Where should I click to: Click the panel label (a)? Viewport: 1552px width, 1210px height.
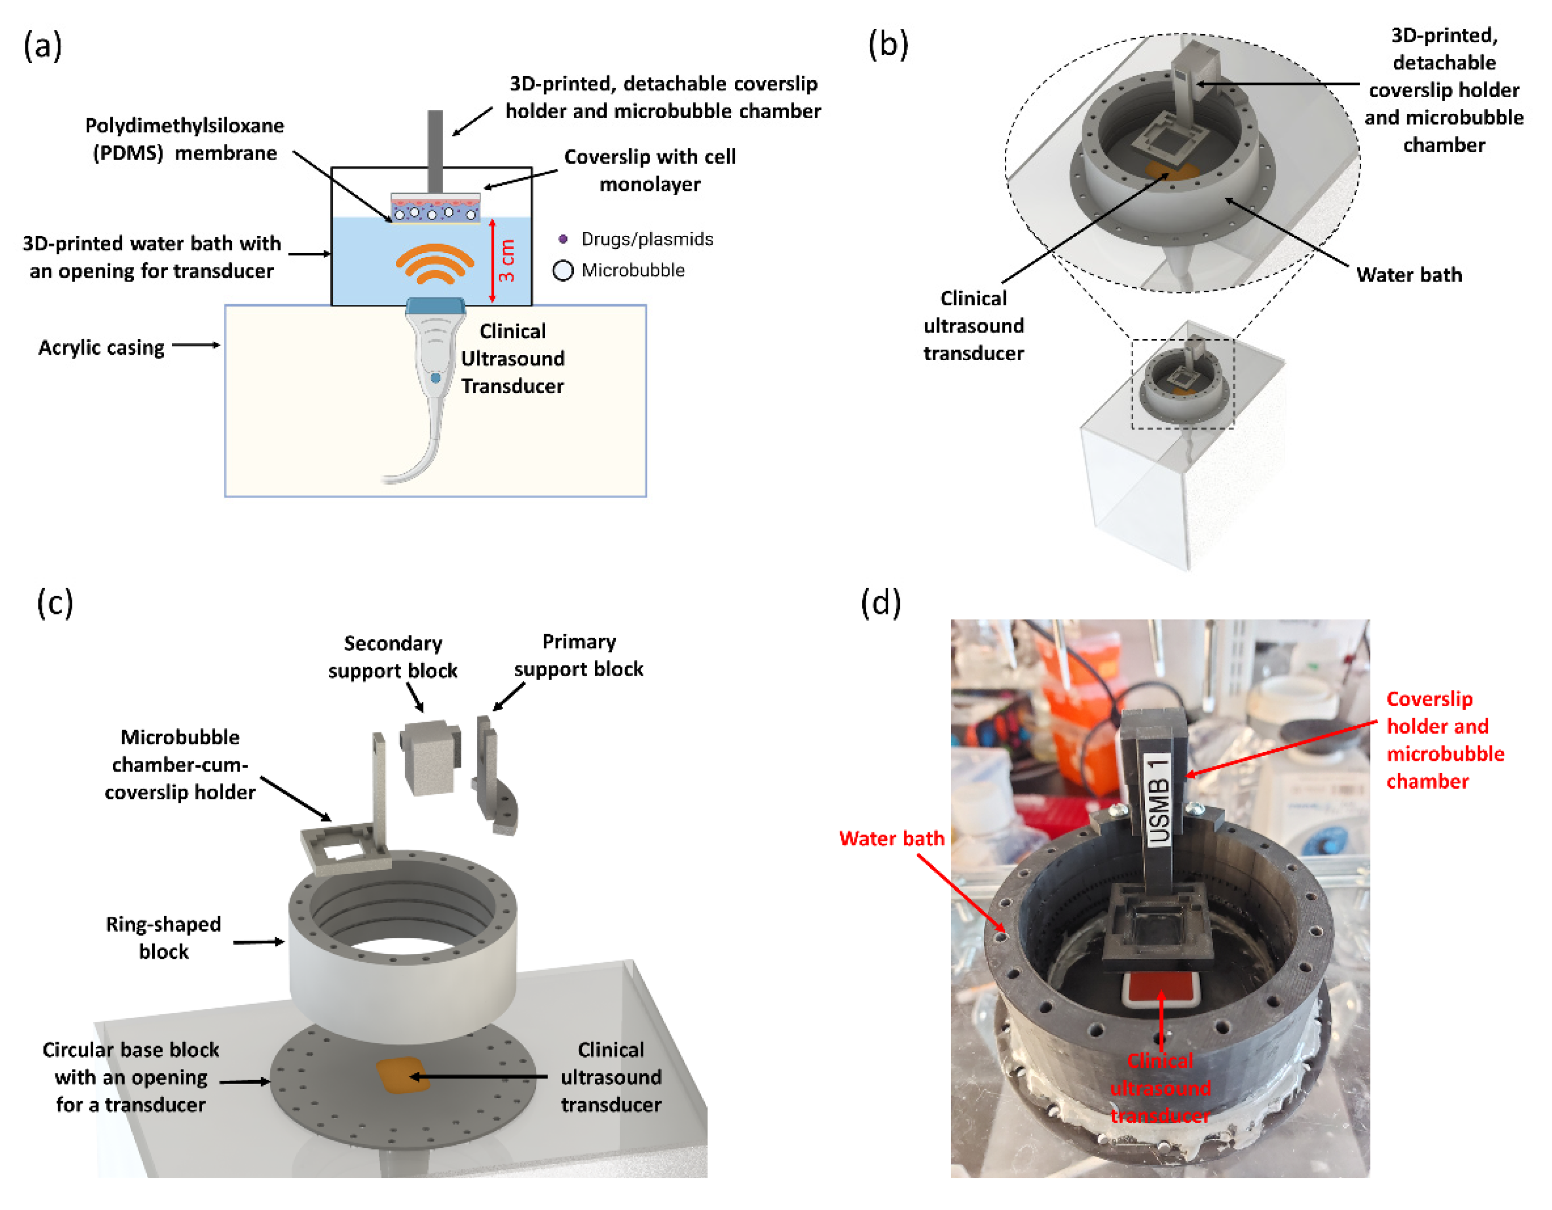click(x=42, y=46)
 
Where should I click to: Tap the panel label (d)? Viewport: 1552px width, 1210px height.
click(x=880, y=602)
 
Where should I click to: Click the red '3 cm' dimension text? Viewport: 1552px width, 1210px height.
click(x=507, y=261)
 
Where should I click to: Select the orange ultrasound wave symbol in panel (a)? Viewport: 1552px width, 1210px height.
click(x=434, y=265)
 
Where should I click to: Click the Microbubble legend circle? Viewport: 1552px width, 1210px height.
click(x=563, y=271)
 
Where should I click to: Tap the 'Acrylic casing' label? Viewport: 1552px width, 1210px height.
click(x=101, y=348)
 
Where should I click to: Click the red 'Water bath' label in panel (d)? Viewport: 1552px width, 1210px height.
click(x=891, y=839)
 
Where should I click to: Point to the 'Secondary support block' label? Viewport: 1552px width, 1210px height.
click(x=392, y=656)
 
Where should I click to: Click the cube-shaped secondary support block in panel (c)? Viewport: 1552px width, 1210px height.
click(x=430, y=757)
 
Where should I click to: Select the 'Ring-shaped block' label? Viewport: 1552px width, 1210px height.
click(x=163, y=938)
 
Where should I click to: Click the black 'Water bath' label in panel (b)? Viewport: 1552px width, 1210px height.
click(x=1409, y=275)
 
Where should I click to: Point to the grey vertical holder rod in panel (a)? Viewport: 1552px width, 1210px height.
click(x=435, y=149)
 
